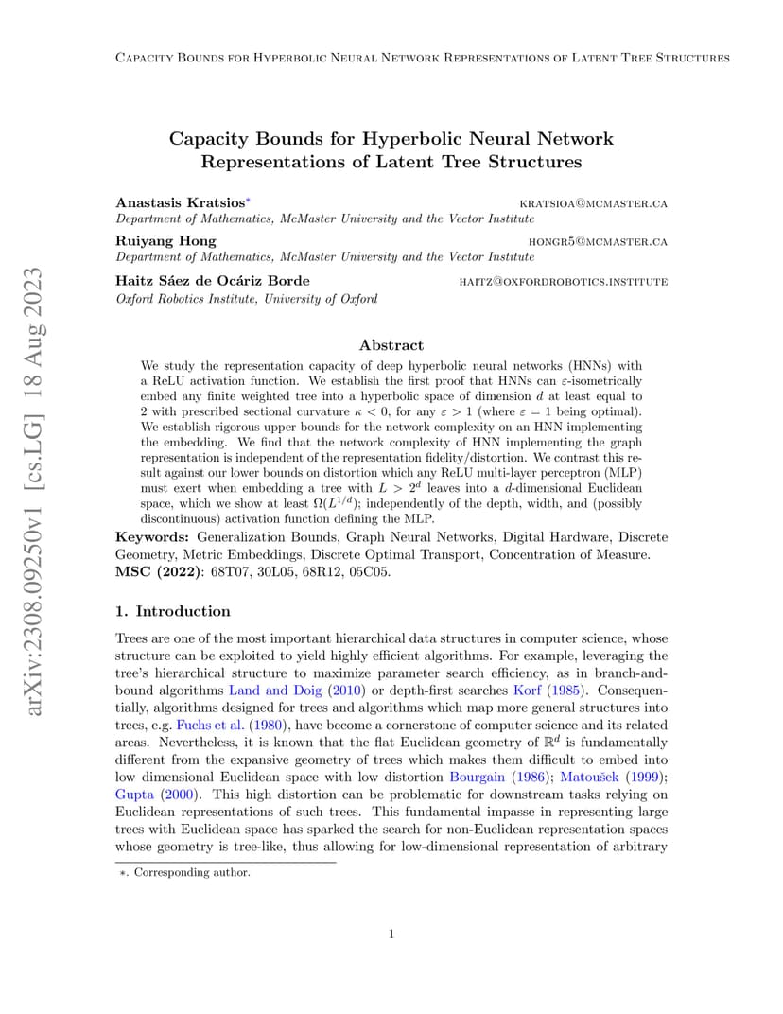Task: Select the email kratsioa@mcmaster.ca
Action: point(594,203)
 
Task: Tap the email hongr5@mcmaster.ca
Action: point(598,242)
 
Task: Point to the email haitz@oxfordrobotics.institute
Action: point(563,281)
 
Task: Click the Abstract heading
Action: point(391,345)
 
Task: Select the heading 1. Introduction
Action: point(172,611)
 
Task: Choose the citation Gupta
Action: point(132,794)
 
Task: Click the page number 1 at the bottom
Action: point(391,935)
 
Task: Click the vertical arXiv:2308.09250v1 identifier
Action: point(34,492)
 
